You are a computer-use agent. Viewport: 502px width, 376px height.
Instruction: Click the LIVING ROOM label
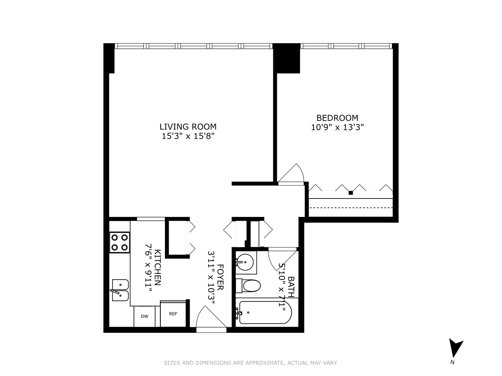[x=188, y=127]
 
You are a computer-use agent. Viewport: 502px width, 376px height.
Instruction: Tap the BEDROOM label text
[x=337, y=118]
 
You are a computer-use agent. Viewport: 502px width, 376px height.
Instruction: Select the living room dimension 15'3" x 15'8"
[x=188, y=136]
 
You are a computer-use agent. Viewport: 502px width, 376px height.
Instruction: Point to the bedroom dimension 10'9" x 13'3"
[x=337, y=127]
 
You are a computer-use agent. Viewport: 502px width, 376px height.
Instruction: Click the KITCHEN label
[x=158, y=267]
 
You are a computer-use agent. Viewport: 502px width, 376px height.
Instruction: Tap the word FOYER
[x=220, y=277]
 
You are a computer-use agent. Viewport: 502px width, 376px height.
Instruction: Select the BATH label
[x=291, y=284]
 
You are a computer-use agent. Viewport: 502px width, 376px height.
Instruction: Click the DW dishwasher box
[x=144, y=316]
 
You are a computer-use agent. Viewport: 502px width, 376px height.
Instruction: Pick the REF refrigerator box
[x=173, y=314]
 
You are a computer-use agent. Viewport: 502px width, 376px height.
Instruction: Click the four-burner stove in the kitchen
[x=119, y=242]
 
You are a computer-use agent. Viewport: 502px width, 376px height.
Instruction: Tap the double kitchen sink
[x=120, y=290]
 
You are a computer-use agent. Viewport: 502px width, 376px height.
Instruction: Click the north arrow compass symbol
[x=455, y=348]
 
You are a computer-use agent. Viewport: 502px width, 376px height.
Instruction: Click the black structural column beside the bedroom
[x=286, y=58]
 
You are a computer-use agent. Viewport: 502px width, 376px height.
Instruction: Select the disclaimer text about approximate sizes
[x=251, y=363]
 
